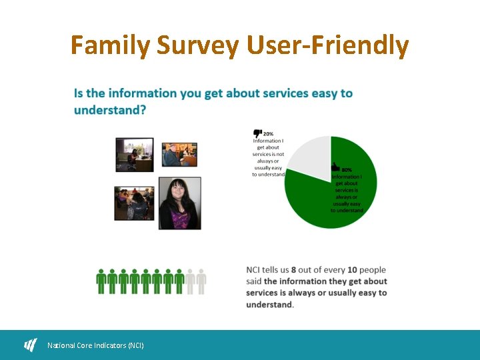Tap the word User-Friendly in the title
(x=327, y=46)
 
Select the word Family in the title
(x=111, y=46)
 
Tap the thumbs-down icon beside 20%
(x=257, y=133)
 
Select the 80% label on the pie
(x=347, y=170)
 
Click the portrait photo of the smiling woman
(x=179, y=203)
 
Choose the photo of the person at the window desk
(x=135, y=154)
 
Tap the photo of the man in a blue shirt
(x=179, y=155)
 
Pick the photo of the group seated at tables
(x=134, y=203)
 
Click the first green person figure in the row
(x=102, y=281)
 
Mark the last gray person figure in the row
(x=201, y=281)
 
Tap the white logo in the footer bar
(x=31, y=345)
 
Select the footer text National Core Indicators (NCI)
(x=95, y=345)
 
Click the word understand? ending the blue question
(x=110, y=110)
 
